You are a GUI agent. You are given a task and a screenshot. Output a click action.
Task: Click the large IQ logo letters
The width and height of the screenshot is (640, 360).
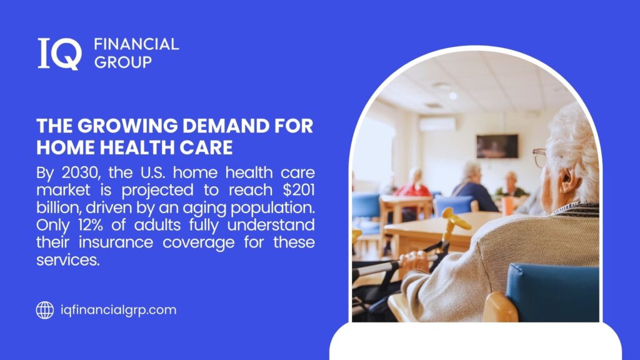point(59,53)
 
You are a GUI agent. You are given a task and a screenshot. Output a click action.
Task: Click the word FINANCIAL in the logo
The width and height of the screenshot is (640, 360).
point(136,44)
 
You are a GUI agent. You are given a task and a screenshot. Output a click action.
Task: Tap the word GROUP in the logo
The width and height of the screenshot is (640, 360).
point(122,62)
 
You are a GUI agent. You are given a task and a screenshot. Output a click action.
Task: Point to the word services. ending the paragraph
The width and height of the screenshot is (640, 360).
point(68,259)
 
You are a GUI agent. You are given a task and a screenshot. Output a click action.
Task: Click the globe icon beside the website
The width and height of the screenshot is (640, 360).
point(45,310)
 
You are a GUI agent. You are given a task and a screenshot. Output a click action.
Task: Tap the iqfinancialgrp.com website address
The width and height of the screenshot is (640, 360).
point(118,310)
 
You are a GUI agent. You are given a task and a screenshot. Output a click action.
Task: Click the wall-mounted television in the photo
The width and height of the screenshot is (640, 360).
point(497,146)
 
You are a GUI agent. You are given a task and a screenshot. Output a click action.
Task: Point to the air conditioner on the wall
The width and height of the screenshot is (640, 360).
point(437,124)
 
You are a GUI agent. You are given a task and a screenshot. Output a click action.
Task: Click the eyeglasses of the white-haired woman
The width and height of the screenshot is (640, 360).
point(539,157)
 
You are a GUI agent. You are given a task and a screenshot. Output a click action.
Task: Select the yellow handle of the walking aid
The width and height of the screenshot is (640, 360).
point(456,219)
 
